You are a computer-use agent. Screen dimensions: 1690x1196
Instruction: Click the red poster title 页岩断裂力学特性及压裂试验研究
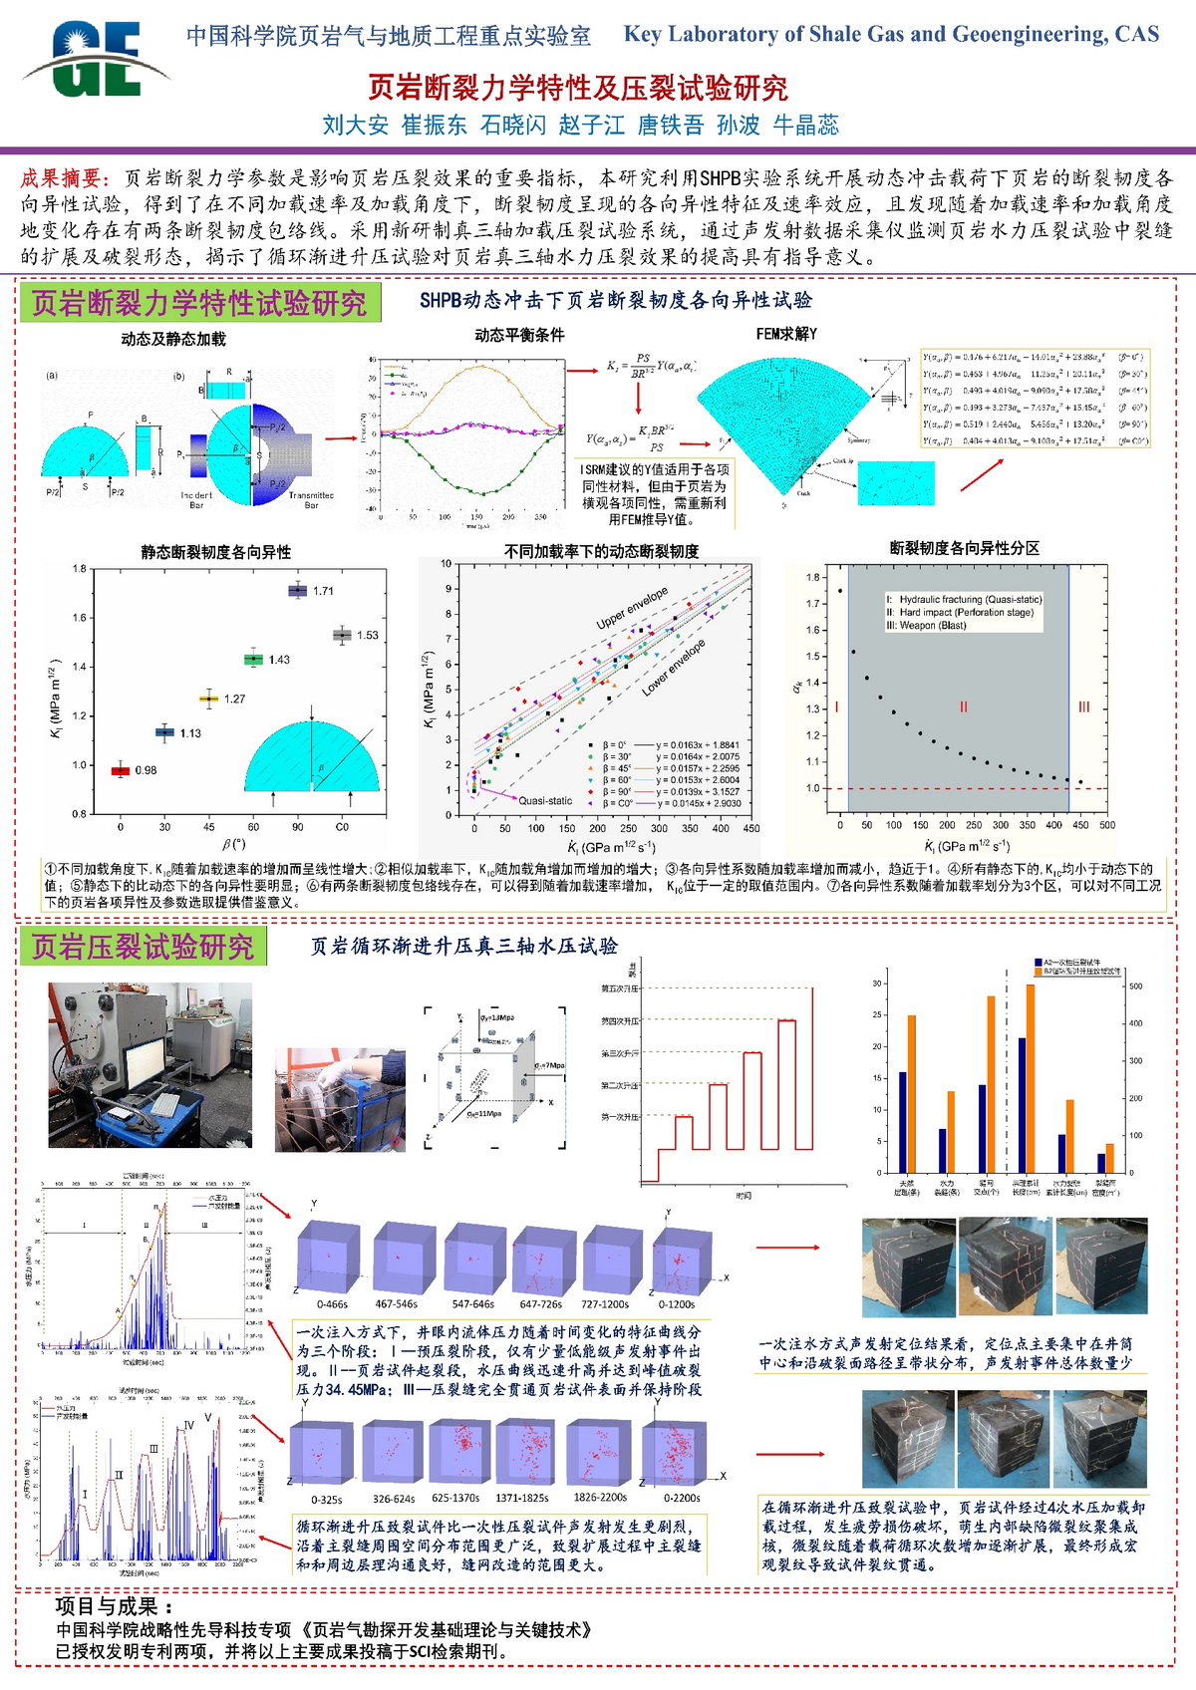577,89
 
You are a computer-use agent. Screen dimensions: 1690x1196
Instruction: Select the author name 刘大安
355,125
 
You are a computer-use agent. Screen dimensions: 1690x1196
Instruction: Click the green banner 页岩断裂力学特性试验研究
199,303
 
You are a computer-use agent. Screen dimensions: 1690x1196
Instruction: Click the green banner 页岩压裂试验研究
143,947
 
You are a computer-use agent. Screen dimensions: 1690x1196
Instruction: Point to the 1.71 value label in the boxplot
324,591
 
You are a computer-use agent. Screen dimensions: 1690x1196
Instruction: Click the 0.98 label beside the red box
147,770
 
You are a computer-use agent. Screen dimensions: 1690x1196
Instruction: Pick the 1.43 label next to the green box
279,660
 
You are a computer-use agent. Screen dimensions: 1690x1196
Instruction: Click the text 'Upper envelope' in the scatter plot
632,609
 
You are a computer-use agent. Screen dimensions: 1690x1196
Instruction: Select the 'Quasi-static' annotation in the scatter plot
545,800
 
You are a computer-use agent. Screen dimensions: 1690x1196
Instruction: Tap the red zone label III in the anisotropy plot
1084,706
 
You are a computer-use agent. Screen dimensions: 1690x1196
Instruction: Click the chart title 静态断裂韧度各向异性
215,552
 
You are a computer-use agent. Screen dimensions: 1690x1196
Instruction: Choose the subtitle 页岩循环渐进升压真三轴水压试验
464,946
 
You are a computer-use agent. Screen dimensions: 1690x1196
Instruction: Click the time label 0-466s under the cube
332,1304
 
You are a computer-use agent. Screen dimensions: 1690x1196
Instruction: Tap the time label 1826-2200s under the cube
600,1497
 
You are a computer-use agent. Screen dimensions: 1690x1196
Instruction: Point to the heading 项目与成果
116,1606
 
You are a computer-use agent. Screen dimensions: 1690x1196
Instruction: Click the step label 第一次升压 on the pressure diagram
619,1117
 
